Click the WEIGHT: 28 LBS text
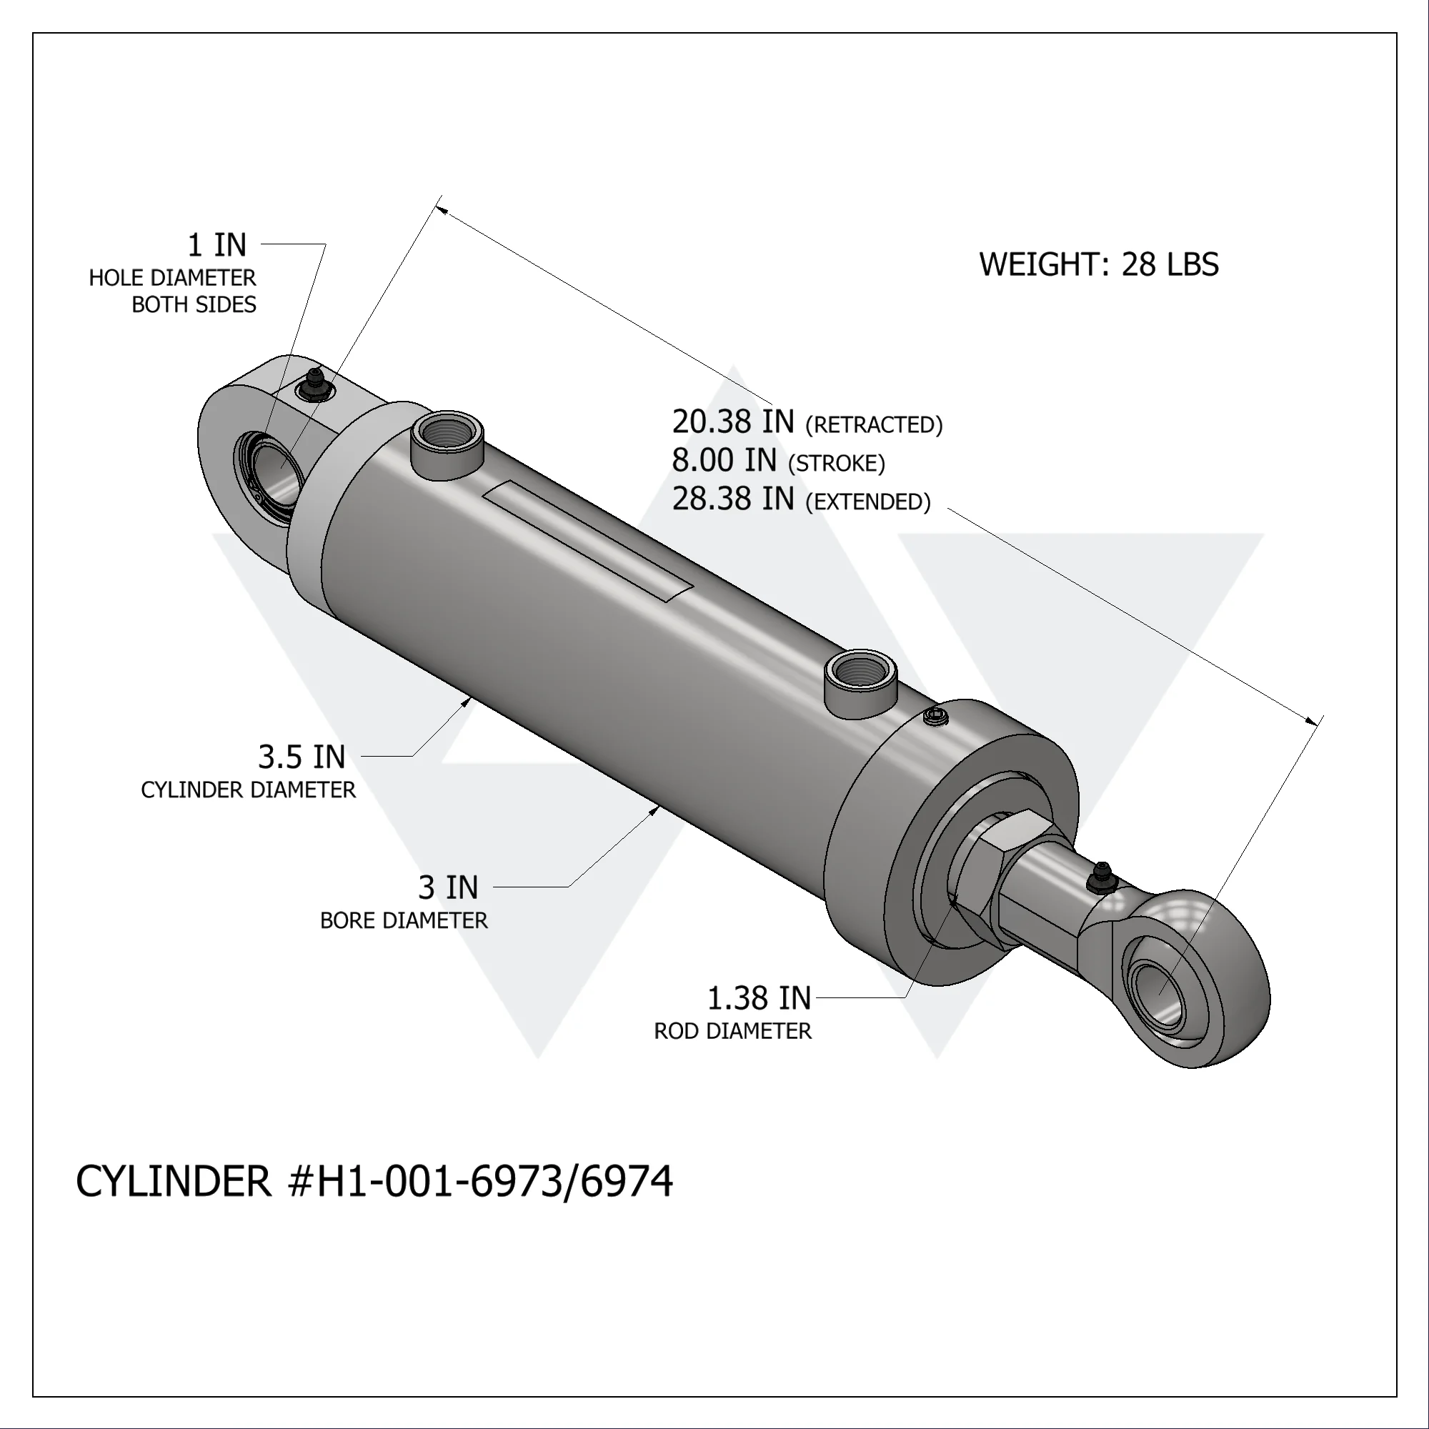pyautogui.click(x=1098, y=265)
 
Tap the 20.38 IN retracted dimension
pyautogui.click(x=732, y=422)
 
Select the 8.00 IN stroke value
pyautogui.click(x=724, y=461)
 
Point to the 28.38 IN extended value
pyautogui.click(x=732, y=499)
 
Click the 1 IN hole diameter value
pyautogui.click(x=216, y=245)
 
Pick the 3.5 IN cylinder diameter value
pyautogui.click(x=302, y=757)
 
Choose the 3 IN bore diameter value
pyautogui.click(x=448, y=887)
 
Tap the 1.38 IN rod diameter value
pyautogui.click(x=759, y=999)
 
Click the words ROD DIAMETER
pyautogui.click(x=732, y=1031)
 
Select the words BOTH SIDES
pyautogui.click(x=194, y=305)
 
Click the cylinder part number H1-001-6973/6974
pyautogui.click(x=374, y=1181)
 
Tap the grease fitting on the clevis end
pyautogui.click(x=314, y=384)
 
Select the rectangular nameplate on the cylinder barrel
pyautogui.click(x=588, y=539)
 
